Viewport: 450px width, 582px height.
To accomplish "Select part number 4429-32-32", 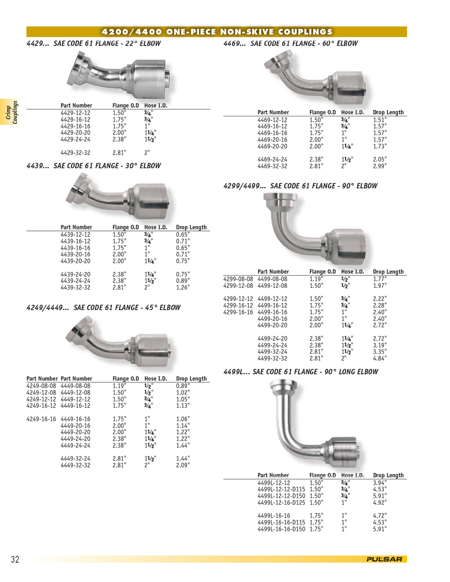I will [x=75, y=153].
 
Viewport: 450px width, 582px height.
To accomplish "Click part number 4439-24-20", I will [x=75, y=274].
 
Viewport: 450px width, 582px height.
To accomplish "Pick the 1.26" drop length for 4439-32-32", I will [x=183, y=287].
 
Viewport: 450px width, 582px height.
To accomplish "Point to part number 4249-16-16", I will [x=41, y=419].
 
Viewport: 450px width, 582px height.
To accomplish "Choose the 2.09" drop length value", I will [x=183, y=465].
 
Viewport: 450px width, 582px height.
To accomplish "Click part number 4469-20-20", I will [x=272, y=146].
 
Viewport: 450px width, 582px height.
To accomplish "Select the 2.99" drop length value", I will [x=379, y=166].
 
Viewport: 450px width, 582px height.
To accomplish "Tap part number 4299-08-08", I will [x=238, y=279].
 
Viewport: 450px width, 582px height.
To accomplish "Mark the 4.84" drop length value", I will [x=379, y=358].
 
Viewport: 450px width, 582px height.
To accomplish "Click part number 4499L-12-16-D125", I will [x=281, y=502].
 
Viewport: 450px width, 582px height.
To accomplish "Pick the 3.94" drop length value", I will [x=379, y=483].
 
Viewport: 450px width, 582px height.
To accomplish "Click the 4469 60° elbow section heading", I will [x=290, y=44].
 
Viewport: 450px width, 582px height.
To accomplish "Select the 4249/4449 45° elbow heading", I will [x=103, y=308].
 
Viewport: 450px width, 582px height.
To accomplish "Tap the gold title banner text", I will [x=217, y=32].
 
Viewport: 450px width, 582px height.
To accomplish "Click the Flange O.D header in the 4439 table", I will [x=126, y=227].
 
